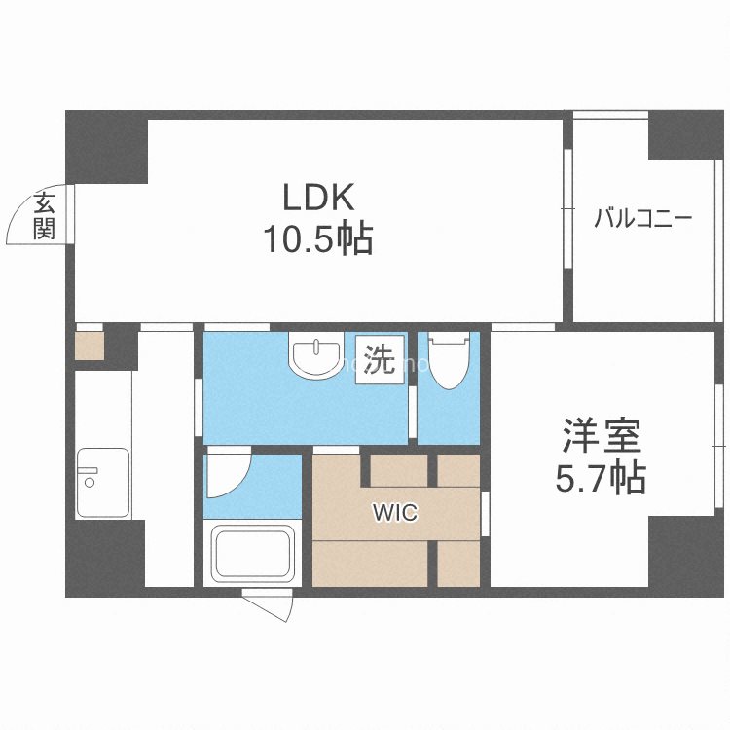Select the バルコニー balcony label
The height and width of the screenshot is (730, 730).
point(643,218)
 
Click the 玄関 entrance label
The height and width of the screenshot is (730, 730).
point(45,217)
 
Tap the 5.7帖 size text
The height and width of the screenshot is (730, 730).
point(601,477)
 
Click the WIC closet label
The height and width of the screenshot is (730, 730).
point(393,513)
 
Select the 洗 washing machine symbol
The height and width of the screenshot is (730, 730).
point(380,361)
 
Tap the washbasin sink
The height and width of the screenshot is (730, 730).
point(315,356)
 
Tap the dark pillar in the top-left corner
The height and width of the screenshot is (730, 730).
point(106,146)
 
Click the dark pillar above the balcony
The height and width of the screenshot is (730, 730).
point(687,136)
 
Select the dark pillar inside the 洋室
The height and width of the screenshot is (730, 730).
point(687,551)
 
